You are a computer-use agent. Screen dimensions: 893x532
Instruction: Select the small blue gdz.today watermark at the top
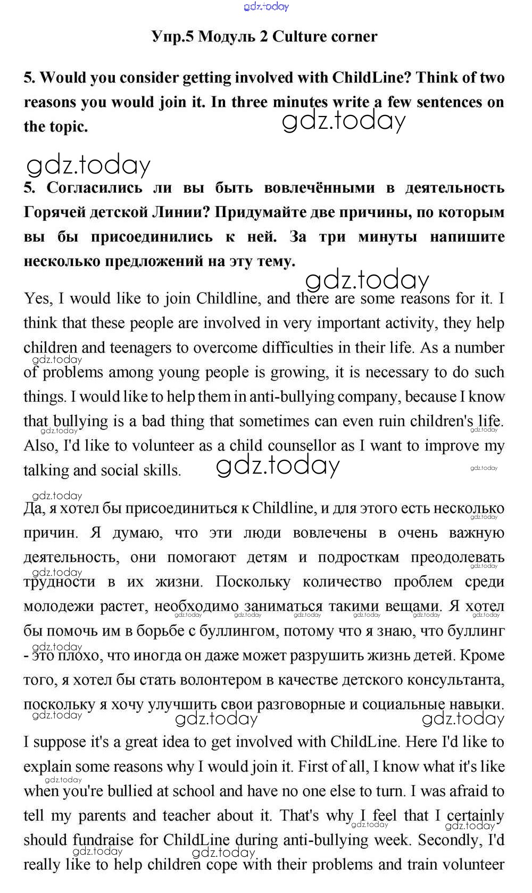[266, 6]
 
